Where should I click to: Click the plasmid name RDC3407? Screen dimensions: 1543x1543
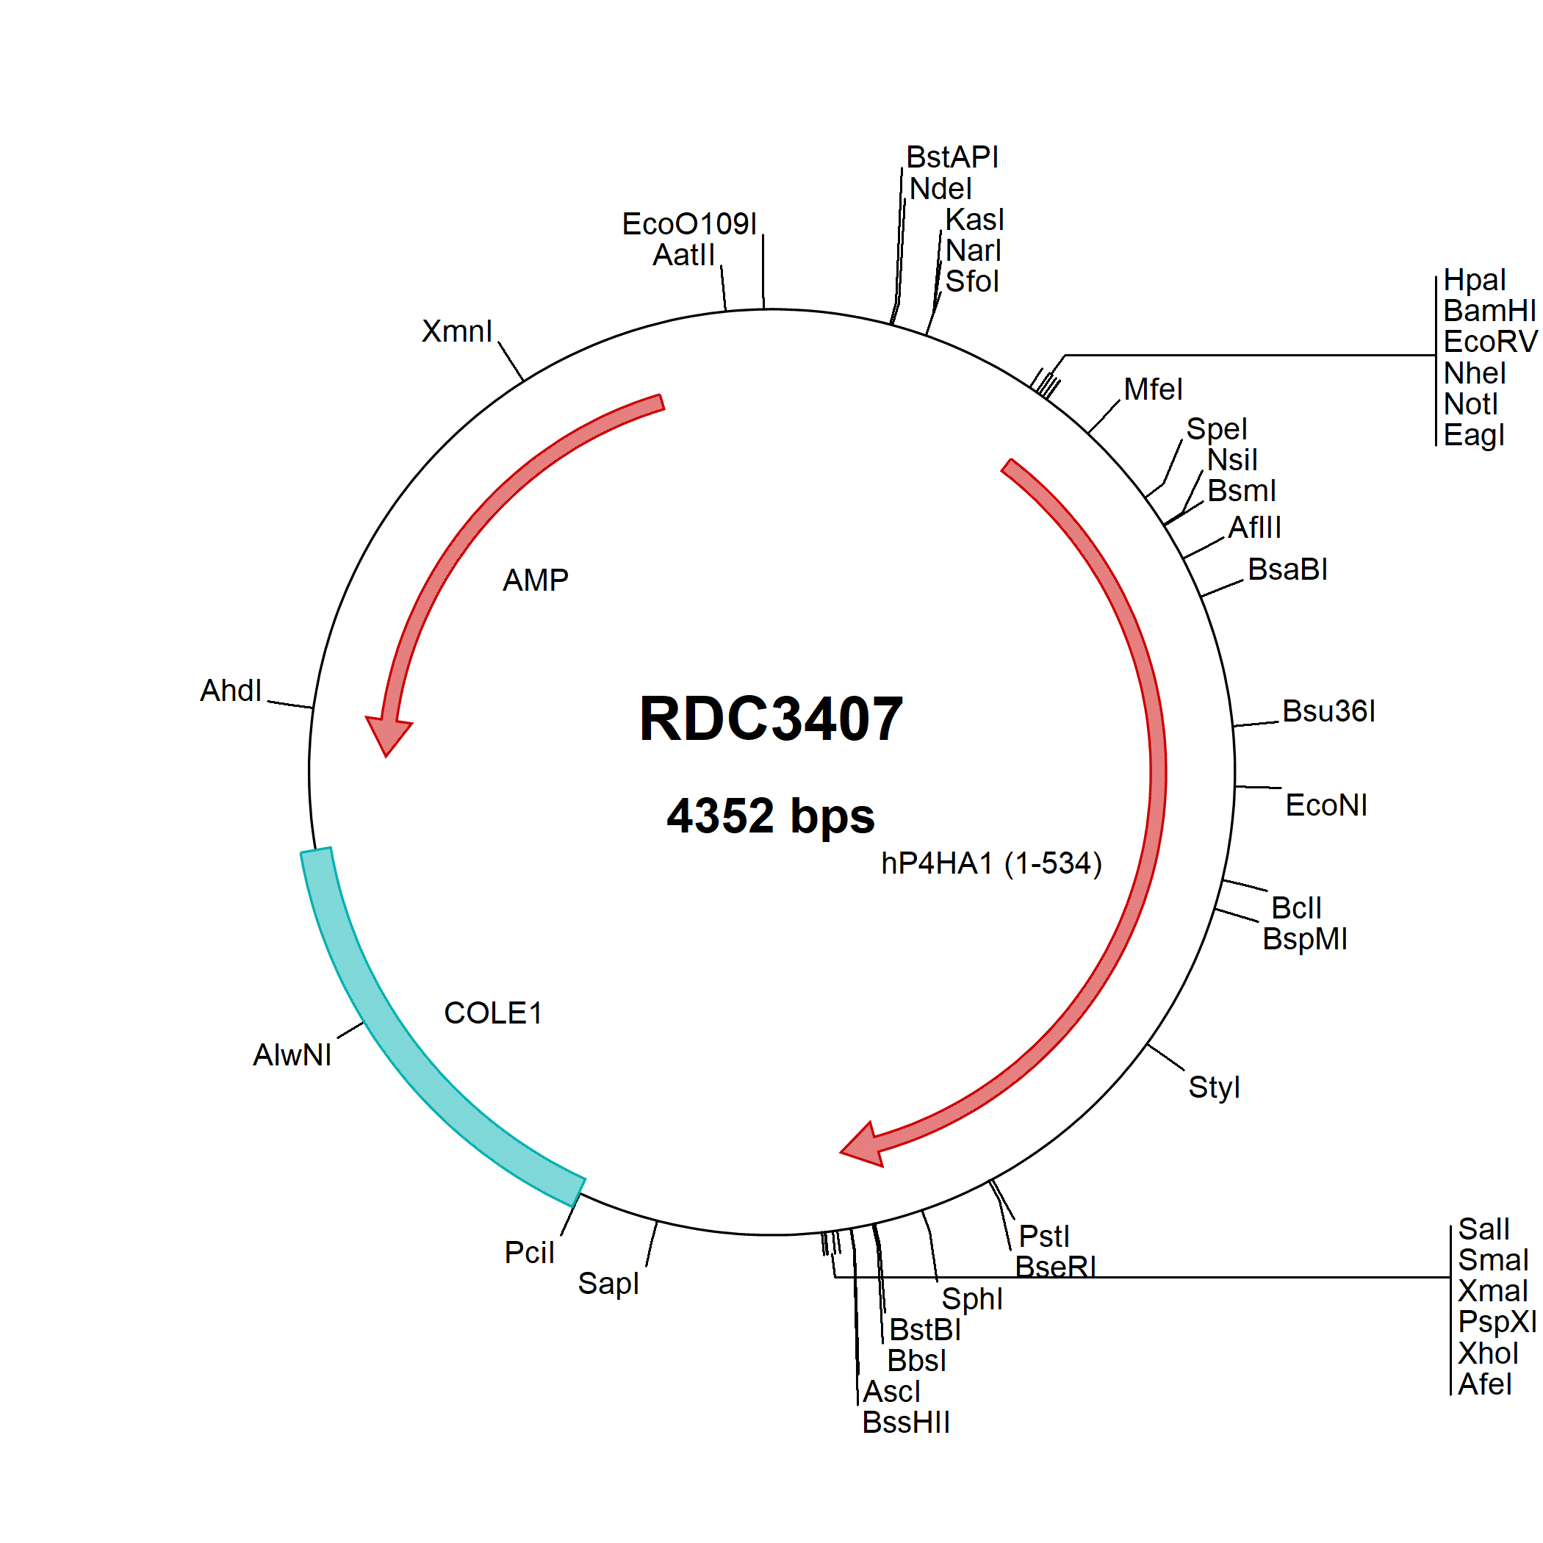[x=771, y=719]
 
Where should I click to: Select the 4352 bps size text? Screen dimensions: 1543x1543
[x=771, y=816]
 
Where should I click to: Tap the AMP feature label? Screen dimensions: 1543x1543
[x=535, y=580]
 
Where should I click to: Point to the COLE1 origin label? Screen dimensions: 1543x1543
[x=493, y=1013]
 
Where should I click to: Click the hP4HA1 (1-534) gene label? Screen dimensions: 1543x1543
[x=991, y=863]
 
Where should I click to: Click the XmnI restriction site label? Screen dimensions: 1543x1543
[x=457, y=331]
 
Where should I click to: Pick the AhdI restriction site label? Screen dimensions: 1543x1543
[x=231, y=691]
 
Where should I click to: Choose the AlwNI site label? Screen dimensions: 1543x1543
[x=292, y=1055]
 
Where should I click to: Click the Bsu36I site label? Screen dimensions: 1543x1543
[x=1329, y=711]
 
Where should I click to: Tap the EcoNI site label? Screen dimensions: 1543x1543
[x=1326, y=805]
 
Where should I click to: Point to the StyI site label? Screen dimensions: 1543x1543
[x=1214, y=1087]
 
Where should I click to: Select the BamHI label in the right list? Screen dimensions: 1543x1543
[x=1489, y=311]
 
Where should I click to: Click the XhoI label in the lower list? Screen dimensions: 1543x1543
[x=1488, y=1353]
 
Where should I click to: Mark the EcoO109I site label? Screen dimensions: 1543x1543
[x=689, y=224]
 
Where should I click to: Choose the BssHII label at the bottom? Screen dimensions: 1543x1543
[x=906, y=1422]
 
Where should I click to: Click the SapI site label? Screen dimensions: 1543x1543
[x=608, y=1284]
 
